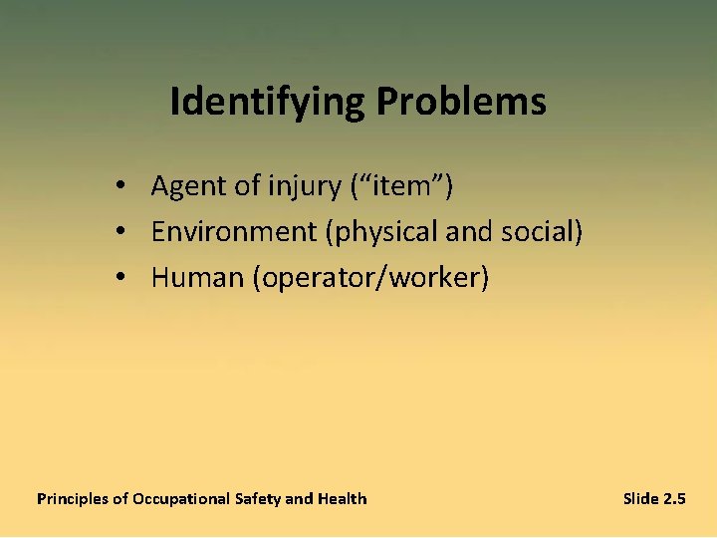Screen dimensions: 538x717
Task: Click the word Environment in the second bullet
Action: pyautogui.click(x=234, y=232)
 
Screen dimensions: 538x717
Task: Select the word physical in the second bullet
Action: pyautogui.click(x=382, y=232)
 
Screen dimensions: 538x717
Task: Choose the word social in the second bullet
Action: pyautogui.click(x=542, y=231)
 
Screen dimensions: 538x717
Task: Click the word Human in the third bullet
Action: pyautogui.click(x=197, y=278)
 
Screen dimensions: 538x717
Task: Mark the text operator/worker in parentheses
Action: pyautogui.click(x=370, y=278)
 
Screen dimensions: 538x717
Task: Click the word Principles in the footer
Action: pyautogui.click(x=73, y=499)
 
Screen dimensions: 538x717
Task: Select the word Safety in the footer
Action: pyautogui.click(x=259, y=499)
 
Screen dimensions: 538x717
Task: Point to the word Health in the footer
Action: pyautogui.click(x=342, y=498)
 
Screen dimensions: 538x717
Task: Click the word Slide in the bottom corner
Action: pyautogui.click(x=640, y=498)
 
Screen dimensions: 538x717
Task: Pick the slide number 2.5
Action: pyautogui.click(x=674, y=498)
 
